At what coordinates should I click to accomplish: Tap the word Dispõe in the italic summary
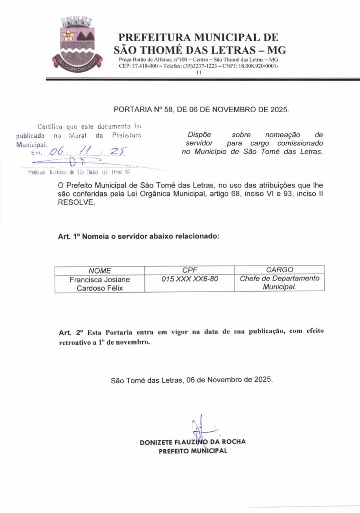click(199, 135)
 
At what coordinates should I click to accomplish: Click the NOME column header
click(100, 271)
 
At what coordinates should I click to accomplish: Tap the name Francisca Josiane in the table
click(100, 280)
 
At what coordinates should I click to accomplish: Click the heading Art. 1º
click(70, 236)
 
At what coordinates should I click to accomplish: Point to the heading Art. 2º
click(70, 333)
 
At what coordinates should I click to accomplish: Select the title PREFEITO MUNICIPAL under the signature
click(193, 451)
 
